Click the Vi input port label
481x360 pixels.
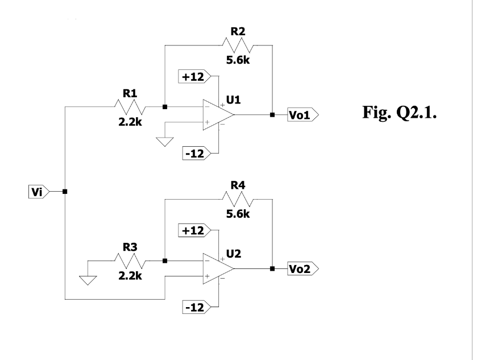pyautogui.click(x=38, y=192)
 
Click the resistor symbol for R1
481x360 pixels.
pyautogui.click(x=130, y=106)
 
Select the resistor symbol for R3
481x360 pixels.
pyautogui.click(x=130, y=260)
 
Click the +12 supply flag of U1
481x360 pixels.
pyautogui.click(x=195, y=76)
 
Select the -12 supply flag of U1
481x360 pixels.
pyautogui.click(x=195, y=154)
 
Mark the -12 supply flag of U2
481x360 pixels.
pyautogui.click(x=195, y=307)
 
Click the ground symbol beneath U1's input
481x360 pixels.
pyautogui.click(x=164, y=141)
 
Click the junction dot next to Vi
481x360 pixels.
pyautogui.click(x=65, y=192)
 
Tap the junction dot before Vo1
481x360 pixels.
pyautogui.click(x=272, y=115)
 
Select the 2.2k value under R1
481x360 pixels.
pyautogui.click(x=130, y=121)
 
